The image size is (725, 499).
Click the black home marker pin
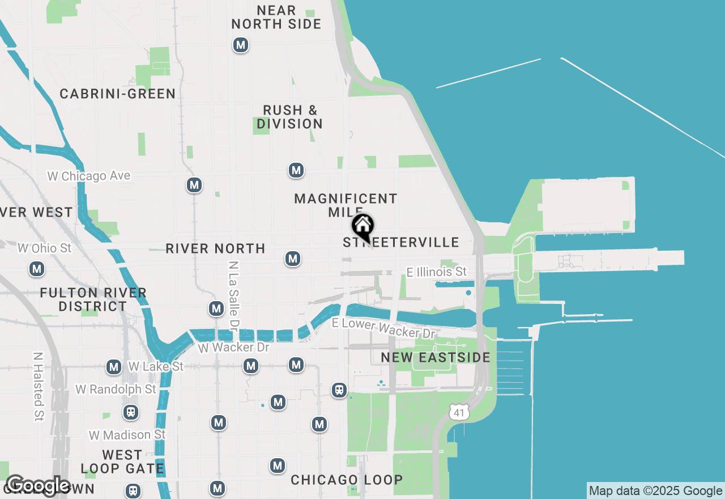coord(362,226)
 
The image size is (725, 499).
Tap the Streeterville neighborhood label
coord(401,243)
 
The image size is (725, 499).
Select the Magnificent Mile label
coord(346,205)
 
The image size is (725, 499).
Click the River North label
coord(215,248)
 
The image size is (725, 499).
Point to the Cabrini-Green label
coord(118,94)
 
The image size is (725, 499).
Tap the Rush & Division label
coord(289,117)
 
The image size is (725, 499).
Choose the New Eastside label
coord(435,357)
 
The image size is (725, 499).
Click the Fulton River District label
coord(93,299)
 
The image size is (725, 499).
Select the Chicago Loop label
coord(347,480)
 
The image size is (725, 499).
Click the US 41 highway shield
coord(459,413)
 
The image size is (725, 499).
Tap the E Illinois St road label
coord(436,272)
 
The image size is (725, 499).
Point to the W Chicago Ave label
coord(89,176)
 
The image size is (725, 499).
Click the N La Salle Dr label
coord(233,295)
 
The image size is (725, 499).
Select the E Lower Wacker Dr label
coord(383,328)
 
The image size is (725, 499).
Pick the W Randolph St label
coord(116,390)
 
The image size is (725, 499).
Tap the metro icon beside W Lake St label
coord(114,367)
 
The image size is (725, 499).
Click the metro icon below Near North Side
coord(241,45)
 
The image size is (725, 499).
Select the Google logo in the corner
coord(38,485)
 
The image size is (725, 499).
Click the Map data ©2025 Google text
coord(655,491)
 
